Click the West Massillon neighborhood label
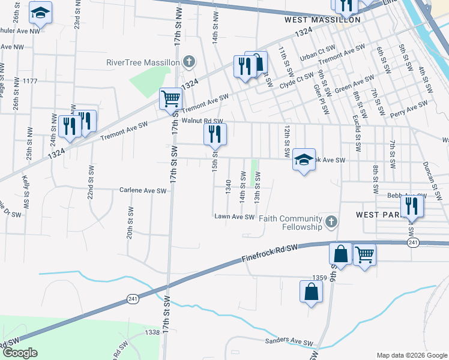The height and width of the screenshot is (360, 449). [322, 20]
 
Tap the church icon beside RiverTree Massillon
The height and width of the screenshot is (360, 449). [189, 61]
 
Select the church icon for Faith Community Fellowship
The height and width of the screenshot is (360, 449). [330, 223]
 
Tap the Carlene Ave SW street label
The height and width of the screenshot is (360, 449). [142, 191]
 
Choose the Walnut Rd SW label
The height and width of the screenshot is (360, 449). [202, 121]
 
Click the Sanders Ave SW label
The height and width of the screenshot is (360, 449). [290, 343]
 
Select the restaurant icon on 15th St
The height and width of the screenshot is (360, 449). [215, 134]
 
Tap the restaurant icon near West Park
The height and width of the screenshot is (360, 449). [412, 206]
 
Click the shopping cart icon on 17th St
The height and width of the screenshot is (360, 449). [170, 98]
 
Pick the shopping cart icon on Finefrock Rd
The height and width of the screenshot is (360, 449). [364, 255]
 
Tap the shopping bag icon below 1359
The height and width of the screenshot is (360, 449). [311, 292]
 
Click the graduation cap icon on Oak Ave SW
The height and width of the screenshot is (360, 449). [304, 160]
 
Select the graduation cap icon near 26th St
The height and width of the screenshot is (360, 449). [41, 12]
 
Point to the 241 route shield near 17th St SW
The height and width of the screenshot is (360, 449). [133, 299]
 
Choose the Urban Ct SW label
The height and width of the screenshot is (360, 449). [318, 56]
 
